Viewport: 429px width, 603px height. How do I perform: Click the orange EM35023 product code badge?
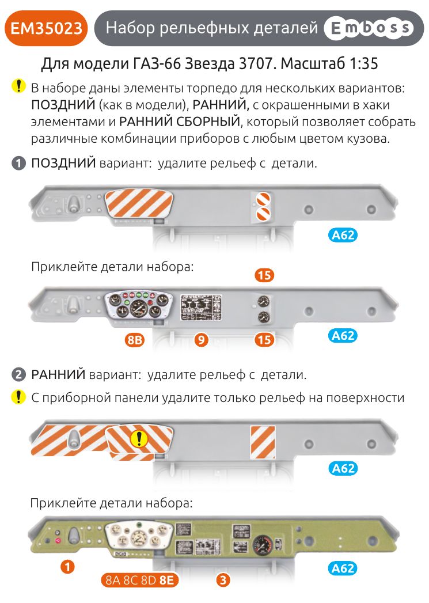tap(46, 28)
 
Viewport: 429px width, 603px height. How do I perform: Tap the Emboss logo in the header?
tap(369, 28)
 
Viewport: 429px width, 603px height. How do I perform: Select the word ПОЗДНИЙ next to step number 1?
tap(63, 163)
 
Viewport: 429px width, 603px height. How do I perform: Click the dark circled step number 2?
tap(20, 374)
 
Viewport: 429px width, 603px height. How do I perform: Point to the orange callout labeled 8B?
tap(134, 340)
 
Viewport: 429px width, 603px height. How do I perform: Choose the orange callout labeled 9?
tap(201, 340)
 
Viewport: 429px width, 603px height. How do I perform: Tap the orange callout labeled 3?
tap(223, 579)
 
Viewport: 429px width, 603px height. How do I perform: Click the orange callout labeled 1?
tap(68, 567)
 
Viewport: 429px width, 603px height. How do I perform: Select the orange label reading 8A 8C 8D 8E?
tap(139, 580)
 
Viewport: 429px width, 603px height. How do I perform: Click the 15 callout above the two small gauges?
tap(264, 275)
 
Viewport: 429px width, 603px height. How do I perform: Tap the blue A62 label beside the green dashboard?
tap(343, 568)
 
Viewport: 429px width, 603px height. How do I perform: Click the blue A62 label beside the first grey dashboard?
tap(343, 234)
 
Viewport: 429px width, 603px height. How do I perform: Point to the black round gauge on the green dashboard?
tap(263, 544)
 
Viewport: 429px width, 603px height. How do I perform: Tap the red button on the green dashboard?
tap(56, 540)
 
